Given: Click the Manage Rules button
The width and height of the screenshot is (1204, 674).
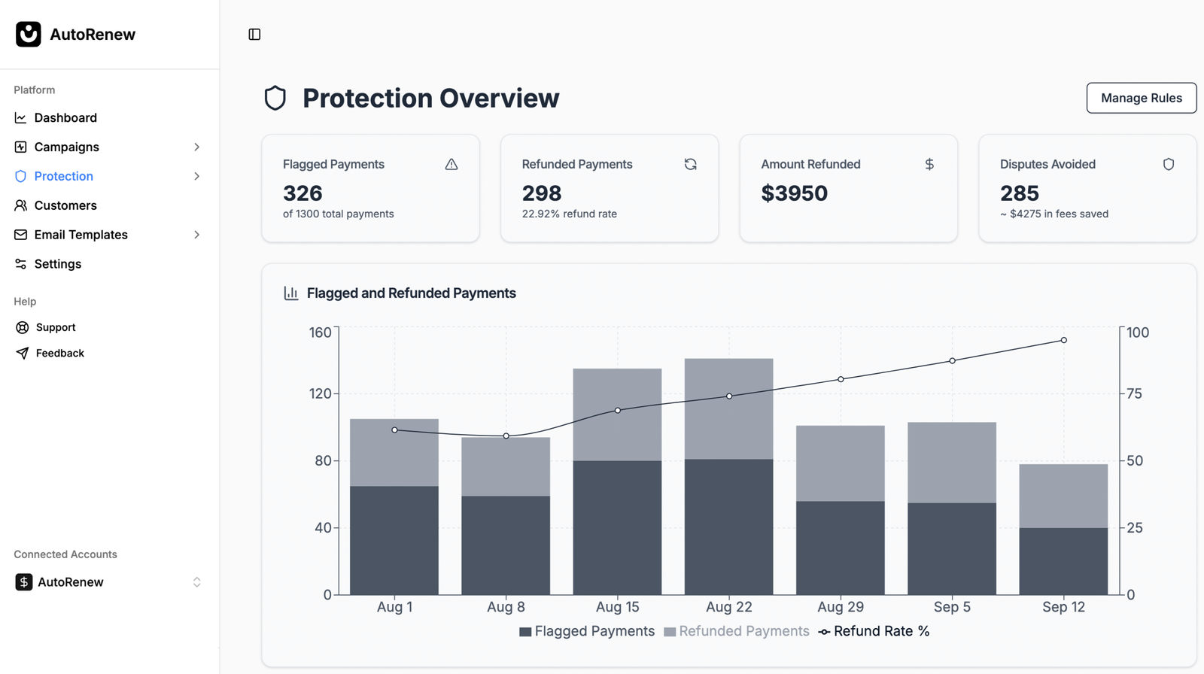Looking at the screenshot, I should click(1141, 98).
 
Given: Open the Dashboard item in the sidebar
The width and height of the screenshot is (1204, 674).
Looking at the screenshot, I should click(65, 117).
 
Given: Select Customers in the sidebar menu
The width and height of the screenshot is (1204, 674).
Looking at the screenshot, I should click(65, 205).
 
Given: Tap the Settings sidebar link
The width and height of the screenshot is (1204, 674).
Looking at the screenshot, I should click(57, 264).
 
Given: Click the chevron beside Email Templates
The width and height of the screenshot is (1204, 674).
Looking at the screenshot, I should click(197, 235).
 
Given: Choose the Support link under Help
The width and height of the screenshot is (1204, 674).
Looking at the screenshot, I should click(56, 327).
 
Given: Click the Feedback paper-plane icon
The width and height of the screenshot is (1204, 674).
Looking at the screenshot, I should click(23, 353).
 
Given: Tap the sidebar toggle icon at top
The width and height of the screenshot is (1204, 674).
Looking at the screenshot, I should click(254, 35).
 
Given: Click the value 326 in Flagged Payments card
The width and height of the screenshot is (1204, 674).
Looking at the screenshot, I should click(303, 193).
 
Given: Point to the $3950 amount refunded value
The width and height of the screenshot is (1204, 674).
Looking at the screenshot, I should click(794, 193).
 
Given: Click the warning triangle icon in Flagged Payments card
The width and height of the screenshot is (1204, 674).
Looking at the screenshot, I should click(451, 164).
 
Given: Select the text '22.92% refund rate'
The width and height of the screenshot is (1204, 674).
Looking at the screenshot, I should click(569, 214).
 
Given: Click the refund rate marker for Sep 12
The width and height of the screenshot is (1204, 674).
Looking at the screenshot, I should click(1063, 341).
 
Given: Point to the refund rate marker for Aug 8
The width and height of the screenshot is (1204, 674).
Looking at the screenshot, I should click(506, 436).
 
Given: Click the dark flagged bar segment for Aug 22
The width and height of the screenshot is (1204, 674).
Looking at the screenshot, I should click(728, 527).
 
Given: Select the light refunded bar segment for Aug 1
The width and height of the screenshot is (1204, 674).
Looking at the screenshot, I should click(394, 452).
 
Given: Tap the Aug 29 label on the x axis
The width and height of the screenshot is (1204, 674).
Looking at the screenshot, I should click(841, 607).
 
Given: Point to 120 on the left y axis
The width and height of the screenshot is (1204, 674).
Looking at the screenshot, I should click(320, 393).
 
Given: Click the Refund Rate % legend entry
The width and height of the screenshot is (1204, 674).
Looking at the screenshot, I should click(874, 631).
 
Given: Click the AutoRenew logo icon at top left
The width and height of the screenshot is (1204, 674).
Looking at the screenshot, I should click(29, 34).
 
